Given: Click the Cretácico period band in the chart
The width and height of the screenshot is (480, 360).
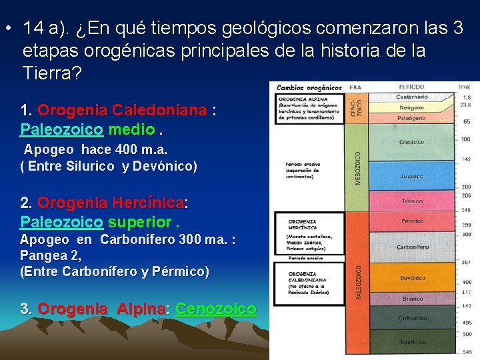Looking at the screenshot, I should pos(411,142).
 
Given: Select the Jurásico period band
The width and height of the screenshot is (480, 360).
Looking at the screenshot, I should pos(412,176).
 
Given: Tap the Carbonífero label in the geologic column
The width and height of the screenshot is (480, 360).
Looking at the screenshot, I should pos(413,247).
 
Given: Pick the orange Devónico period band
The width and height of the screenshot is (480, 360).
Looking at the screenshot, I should pos(413,278).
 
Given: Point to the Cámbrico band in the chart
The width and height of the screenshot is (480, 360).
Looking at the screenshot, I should pos(413,341).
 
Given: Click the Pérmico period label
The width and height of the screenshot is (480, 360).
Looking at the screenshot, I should pos(413,221).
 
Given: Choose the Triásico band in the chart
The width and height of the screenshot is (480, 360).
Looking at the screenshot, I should pos(412,201).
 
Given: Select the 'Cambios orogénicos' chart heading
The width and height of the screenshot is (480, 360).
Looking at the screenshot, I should pos(309,87).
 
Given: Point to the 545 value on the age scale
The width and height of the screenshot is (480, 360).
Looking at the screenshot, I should pos(466,351).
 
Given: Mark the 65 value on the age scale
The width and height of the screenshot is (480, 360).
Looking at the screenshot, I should pos(467,122).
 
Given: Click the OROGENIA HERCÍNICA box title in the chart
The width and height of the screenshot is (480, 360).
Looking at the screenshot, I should pos(303,225).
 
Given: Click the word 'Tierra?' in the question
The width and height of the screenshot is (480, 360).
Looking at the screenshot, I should pos(52,73).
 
